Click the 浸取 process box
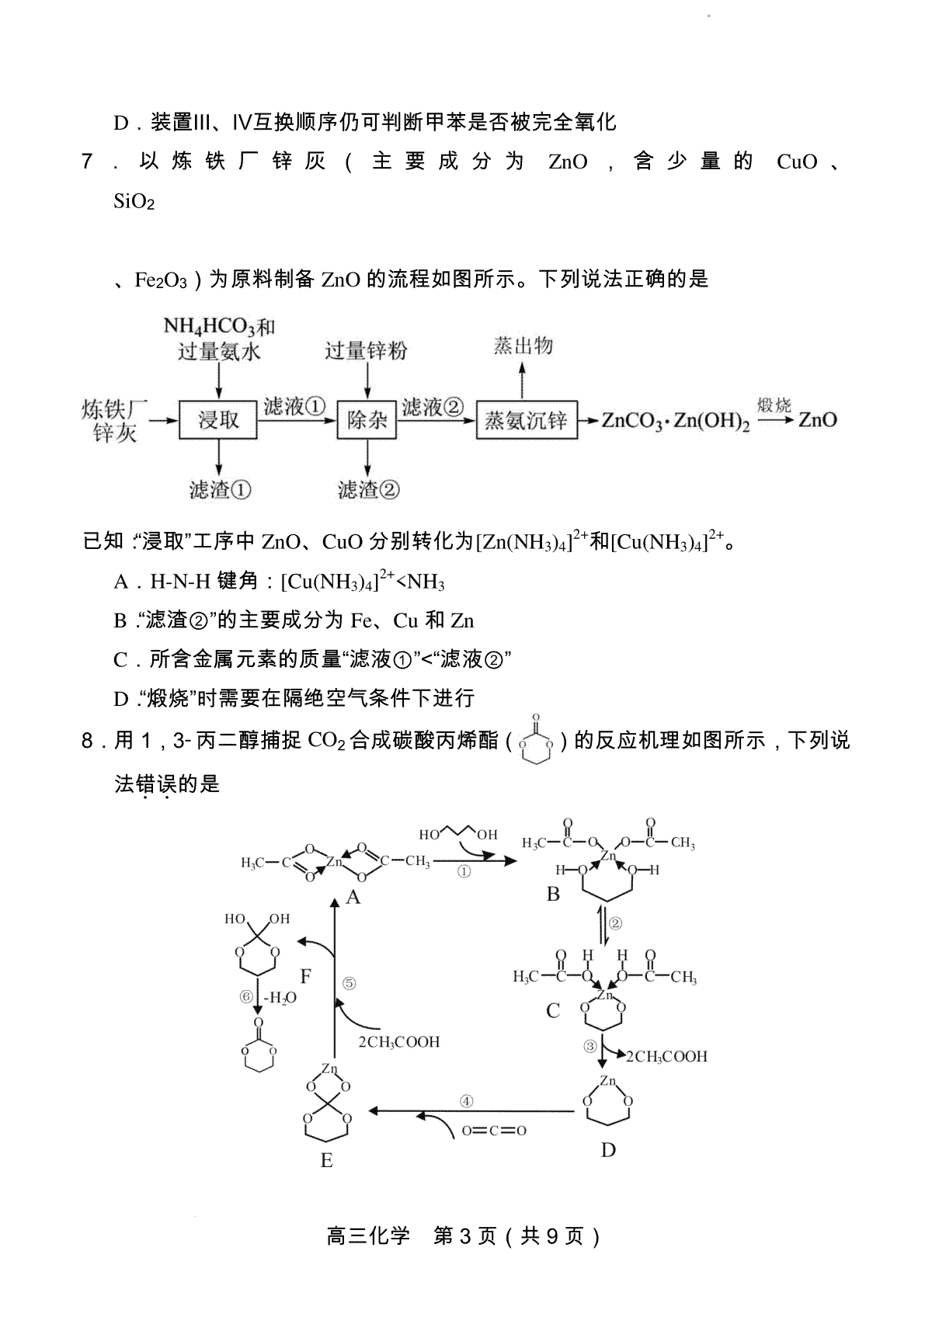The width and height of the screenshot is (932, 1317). point(218,420)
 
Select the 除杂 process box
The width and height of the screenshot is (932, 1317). point(367,420)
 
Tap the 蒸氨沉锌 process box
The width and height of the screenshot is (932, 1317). point(527,420)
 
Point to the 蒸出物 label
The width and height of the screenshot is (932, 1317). point(523,346)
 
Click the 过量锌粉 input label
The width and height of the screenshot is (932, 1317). point(367,350)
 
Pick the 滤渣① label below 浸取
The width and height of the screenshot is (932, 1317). point(220,489)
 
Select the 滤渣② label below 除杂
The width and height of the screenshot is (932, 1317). point(368,489)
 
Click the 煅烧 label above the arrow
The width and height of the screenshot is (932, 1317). point(774,405)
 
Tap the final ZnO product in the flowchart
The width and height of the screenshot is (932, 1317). point(817,420)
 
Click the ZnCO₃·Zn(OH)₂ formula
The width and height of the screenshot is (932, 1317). point(676,421)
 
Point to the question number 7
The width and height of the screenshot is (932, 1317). point(87,161)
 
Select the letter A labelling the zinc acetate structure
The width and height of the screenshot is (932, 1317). point(353,897)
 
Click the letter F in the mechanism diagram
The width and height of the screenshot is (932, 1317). point(305,977)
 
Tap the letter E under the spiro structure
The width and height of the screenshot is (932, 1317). point(327,1160)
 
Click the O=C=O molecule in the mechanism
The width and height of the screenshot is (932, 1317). point(494,1130)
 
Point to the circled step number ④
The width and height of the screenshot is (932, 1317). point(466,1101)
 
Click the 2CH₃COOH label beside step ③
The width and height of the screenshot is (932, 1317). point(666,1057)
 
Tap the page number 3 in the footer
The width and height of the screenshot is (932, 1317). point(466,1236)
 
